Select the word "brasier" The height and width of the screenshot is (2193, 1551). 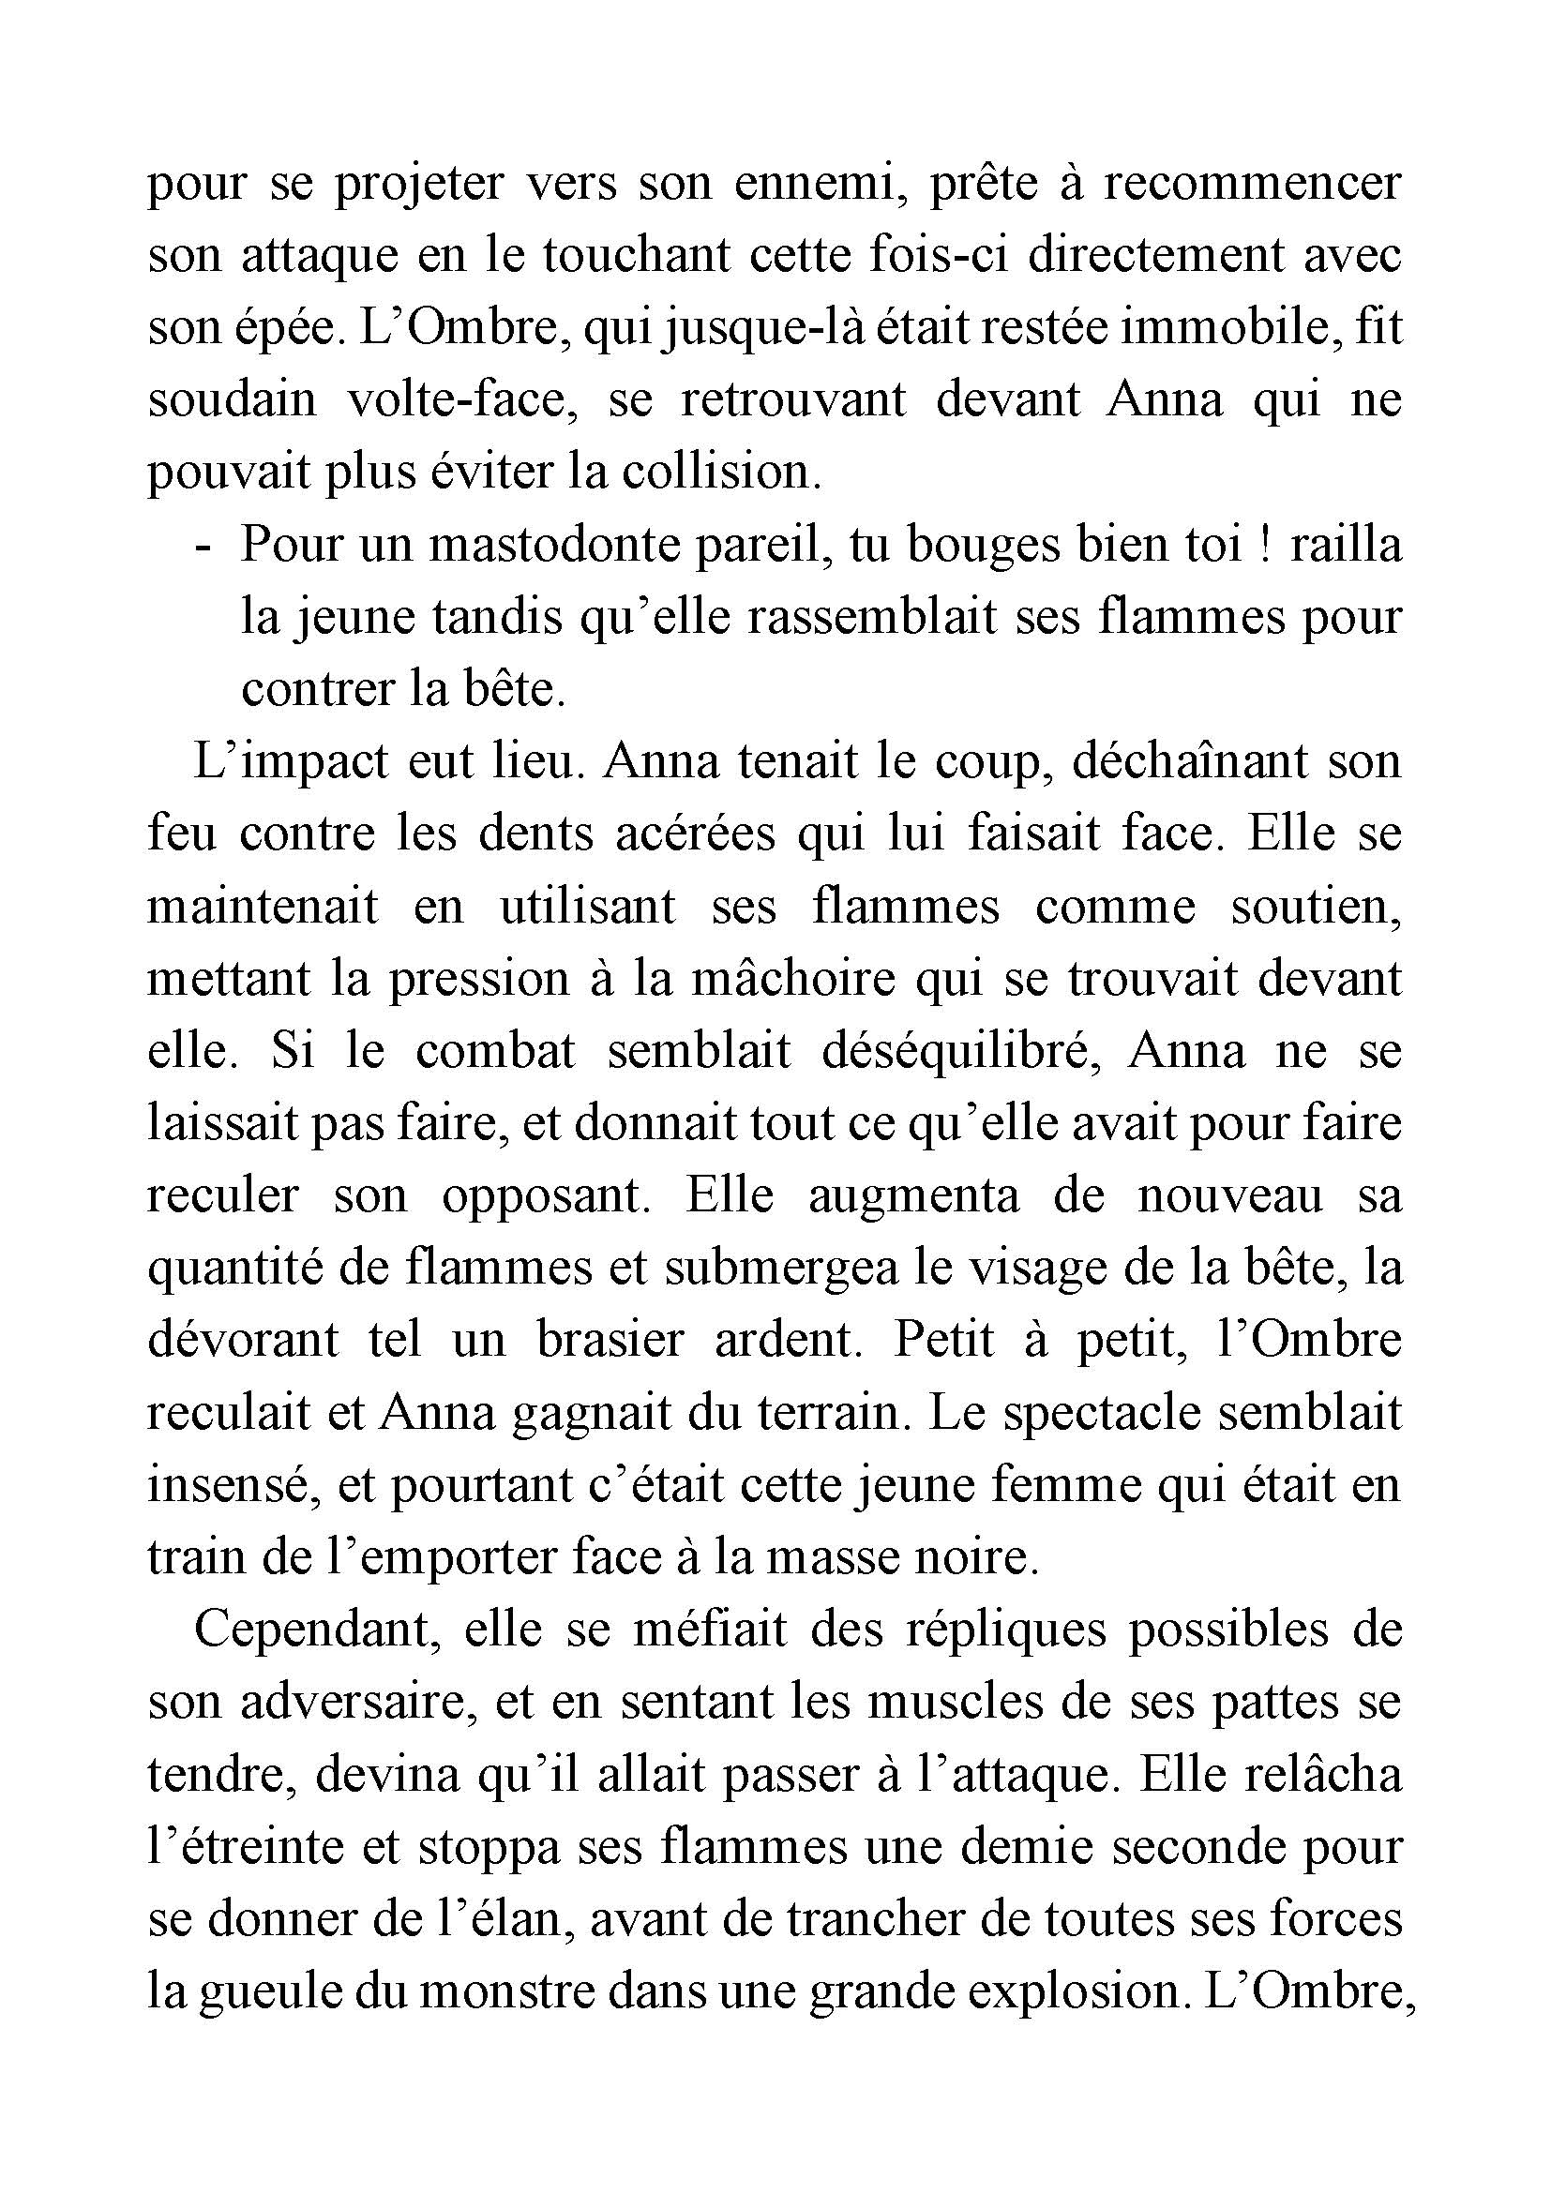pyautogui.click(x=610, y=1340)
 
